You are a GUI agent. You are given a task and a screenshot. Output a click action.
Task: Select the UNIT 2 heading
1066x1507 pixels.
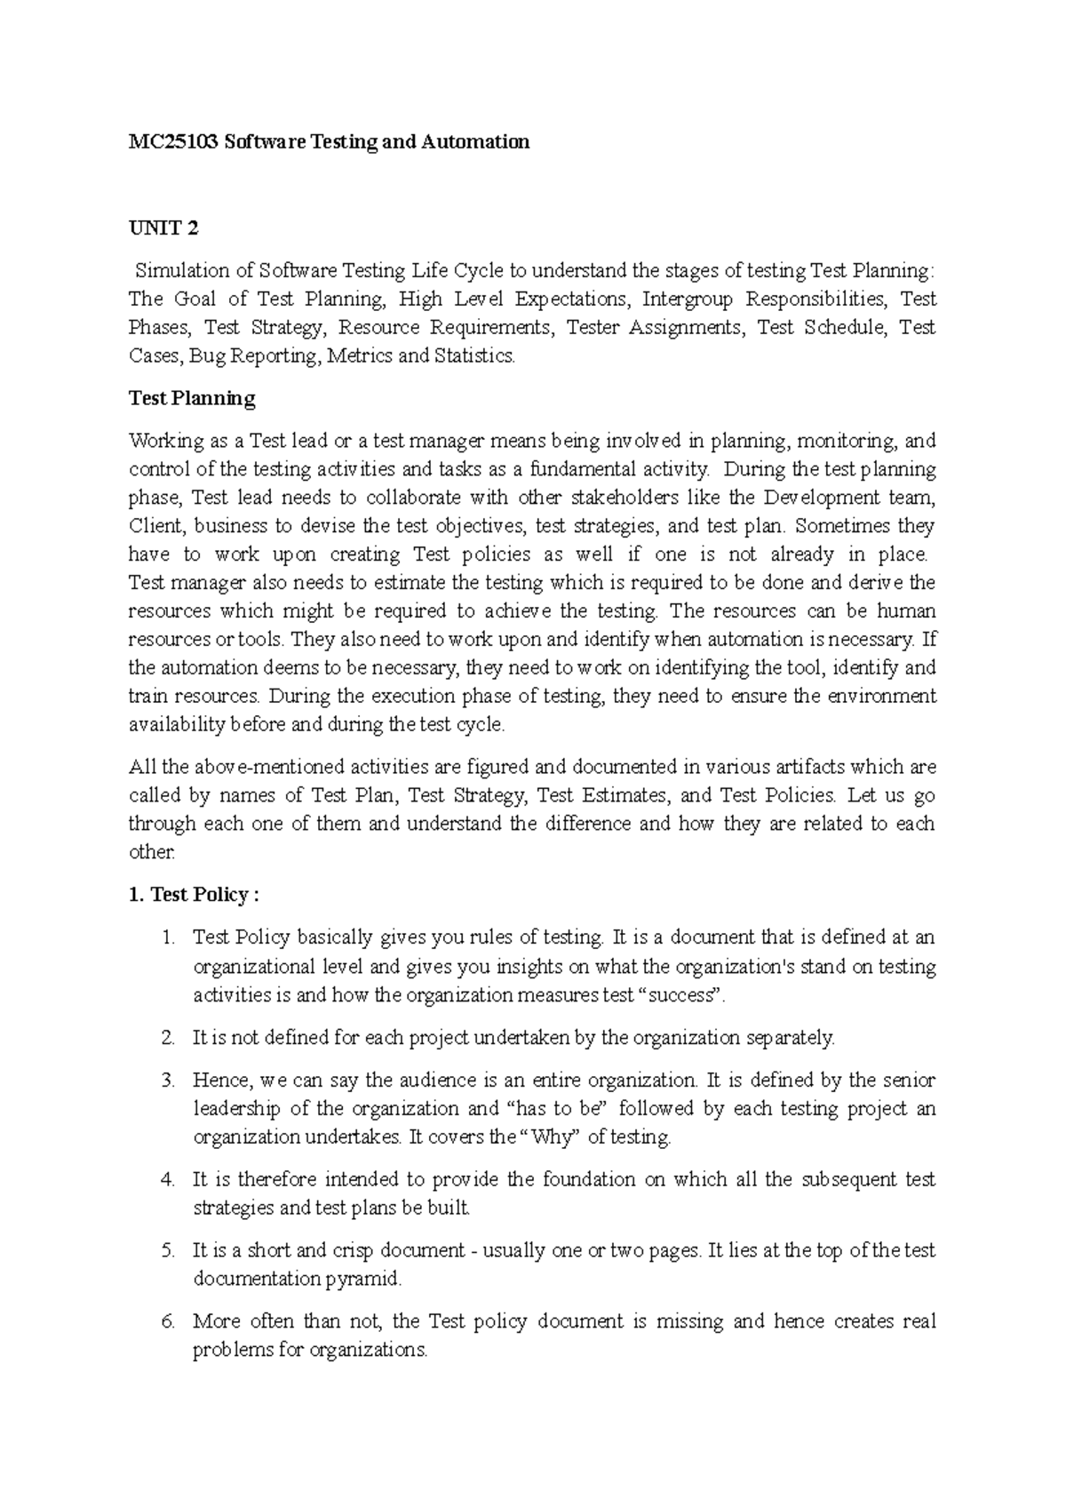[x=163, y=228]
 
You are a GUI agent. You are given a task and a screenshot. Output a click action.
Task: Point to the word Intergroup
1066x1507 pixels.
[x=688, y=299]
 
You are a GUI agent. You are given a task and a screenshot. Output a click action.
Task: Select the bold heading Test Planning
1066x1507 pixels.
[x=192, y=398]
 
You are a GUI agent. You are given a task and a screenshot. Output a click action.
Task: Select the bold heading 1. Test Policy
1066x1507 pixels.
[x=194, y=895]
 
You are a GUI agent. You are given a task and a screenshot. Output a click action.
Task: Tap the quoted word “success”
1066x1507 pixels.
[x=681, y=995]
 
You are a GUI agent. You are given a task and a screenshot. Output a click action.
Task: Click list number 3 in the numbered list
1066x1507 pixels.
[x=169, y=1081]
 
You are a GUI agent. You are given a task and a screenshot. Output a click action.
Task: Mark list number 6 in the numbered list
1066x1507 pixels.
[x=169, y=1322]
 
